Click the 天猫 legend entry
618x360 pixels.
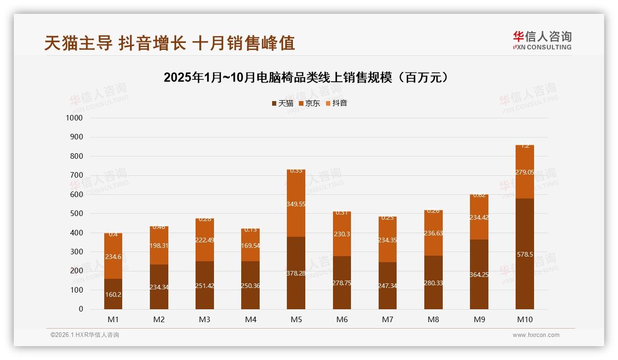point(282,103)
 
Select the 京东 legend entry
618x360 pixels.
point(309,103)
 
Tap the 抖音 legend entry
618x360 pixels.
point(336,103)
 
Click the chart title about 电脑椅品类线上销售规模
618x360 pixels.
point(306,77)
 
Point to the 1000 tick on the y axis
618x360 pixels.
point(74,118)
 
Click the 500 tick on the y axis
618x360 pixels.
point(76,214)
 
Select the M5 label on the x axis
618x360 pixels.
point(296,319)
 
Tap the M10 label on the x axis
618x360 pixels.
point(525,319)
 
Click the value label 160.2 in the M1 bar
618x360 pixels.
point(113,294)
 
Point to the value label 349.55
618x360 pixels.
point(296,204)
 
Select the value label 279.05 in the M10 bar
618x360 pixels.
point(525,172)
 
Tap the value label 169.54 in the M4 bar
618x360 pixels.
point(250,246)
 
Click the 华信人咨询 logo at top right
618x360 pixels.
point(542,40)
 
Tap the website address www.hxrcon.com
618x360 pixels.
point(536,335)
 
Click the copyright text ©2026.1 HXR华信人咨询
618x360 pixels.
point(85,335)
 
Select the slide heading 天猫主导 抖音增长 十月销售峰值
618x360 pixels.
point(169,43)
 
